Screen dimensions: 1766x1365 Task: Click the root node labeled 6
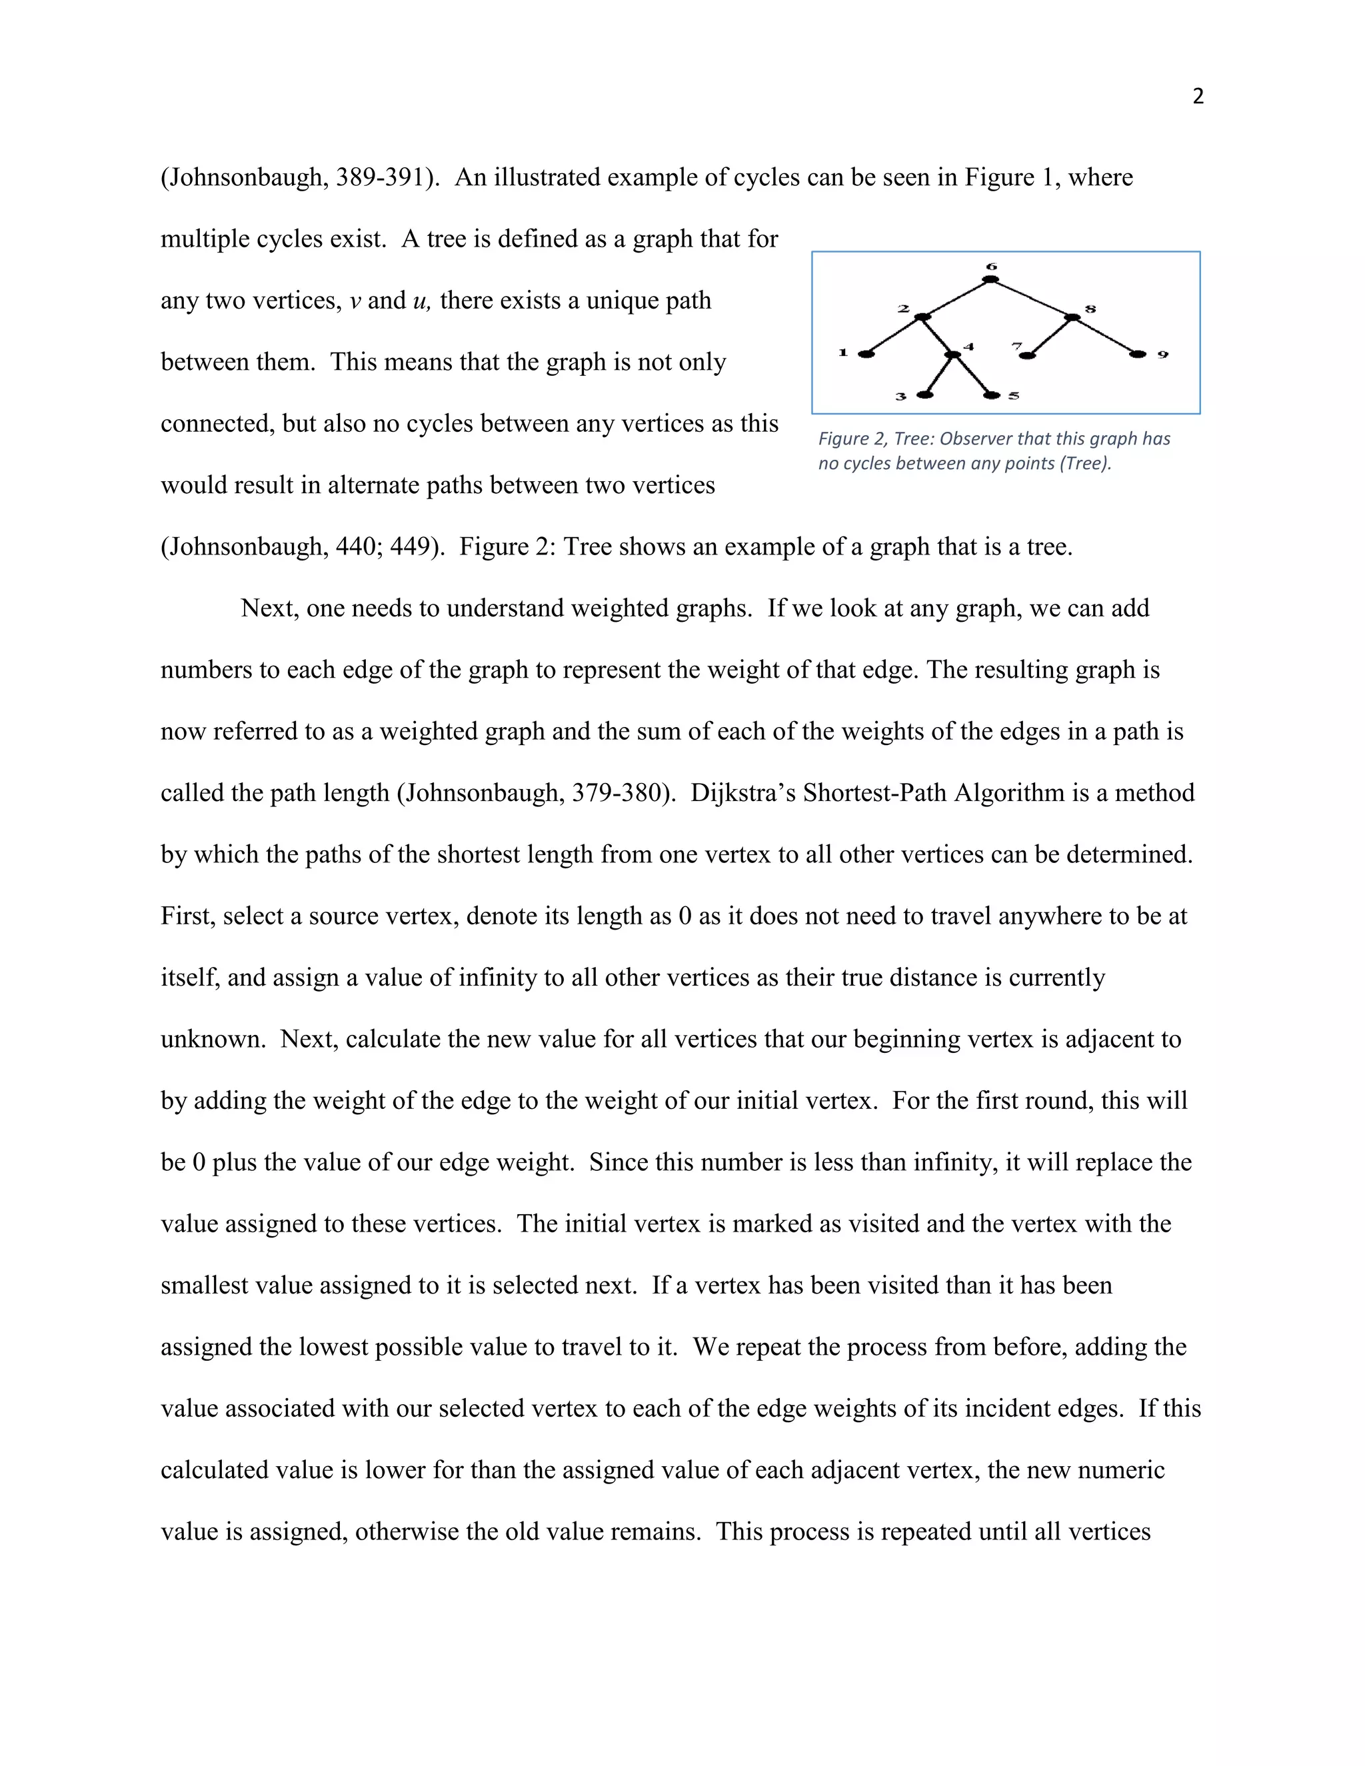(990, 280)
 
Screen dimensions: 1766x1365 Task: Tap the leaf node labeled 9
(1138, 354)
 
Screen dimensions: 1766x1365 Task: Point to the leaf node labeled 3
(925, 395)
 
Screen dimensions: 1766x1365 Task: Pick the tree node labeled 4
(953, 354)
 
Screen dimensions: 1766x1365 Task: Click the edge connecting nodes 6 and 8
(1032, 299)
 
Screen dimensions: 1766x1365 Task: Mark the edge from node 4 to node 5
(973, 375)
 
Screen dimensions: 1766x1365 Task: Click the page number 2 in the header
(1198, 96)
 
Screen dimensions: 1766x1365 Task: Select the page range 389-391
(380, 177)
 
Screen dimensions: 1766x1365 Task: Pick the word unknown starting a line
(213, 1039)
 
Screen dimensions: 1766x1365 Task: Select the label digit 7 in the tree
(1016, 346)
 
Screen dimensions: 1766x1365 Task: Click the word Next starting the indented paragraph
(269, 608)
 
